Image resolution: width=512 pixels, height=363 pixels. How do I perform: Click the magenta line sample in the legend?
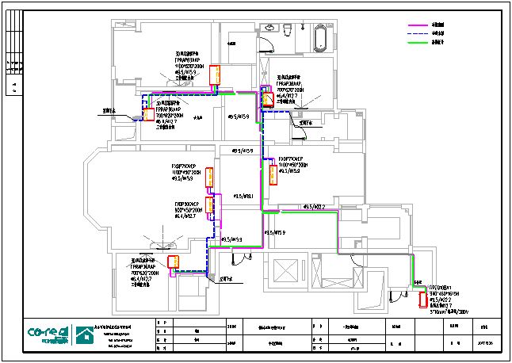click(418, 25)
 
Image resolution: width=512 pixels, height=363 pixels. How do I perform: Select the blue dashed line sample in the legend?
click(418, 33)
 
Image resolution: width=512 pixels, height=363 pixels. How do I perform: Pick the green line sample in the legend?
click(418, 41)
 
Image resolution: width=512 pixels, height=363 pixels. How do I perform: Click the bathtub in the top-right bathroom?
click(320, 36)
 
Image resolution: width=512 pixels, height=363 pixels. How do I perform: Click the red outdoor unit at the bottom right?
click(422, 299)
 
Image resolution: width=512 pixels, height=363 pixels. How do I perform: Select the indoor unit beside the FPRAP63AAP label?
click(214, 75)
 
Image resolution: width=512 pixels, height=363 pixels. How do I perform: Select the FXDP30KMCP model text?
click(188, 204)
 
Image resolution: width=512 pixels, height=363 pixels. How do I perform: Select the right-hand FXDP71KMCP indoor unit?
click(273, 174)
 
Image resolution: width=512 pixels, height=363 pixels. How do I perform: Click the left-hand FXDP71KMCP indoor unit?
click(209, 178)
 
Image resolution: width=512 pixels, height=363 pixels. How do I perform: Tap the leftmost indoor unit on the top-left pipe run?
click(148, 113)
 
